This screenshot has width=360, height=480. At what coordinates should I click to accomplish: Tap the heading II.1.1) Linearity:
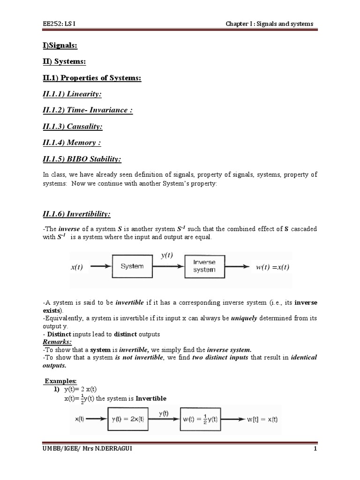coord(72,94)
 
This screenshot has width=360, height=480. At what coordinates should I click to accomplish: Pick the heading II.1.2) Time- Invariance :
coord(87,110)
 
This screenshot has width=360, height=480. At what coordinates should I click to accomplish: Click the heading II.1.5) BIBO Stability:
coord(82,159)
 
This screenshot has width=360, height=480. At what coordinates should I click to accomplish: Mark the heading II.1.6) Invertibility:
coord(76,214)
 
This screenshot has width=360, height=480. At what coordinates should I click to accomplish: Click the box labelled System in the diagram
coord(132,266)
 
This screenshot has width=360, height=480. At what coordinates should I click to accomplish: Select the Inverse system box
coord(204,266)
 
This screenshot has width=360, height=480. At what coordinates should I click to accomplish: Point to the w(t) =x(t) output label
coord(272,267)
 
